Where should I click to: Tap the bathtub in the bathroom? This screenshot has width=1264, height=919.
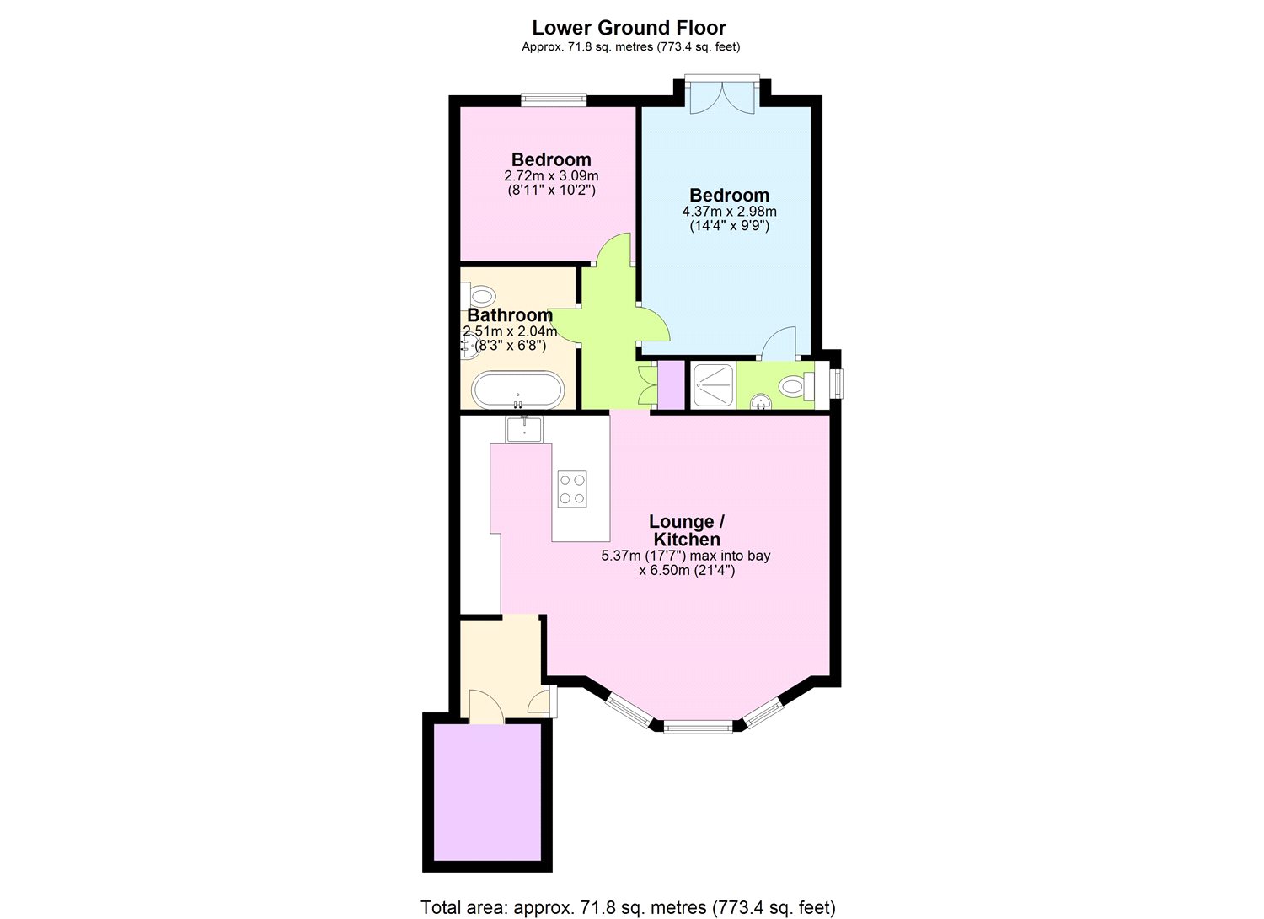click(515, 390)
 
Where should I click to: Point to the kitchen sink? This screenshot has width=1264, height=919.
click(524, 429)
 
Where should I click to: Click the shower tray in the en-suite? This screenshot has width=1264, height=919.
click(712, 385)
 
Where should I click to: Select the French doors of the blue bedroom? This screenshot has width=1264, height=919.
click(722, 95)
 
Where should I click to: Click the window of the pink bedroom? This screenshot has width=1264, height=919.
click(553, 99)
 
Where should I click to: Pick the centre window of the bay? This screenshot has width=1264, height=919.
click(698, 726)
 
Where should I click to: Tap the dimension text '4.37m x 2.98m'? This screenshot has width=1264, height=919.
click(729, 212)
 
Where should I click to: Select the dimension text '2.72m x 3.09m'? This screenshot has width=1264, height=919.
click(551, 175)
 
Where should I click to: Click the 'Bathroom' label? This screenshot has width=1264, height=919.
click(510, 315)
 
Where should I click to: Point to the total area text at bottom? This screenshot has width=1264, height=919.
click(629, 907)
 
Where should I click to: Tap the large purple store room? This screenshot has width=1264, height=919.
click(487, 792)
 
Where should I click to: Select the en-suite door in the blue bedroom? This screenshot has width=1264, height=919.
click(780, 342)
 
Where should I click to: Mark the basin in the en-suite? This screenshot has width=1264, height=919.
click(760, 402)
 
